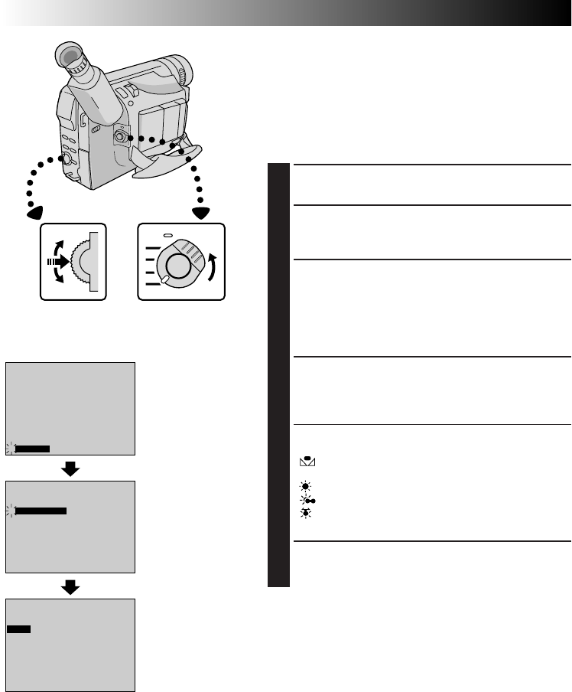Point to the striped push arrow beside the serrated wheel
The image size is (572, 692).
[x=56, y=260]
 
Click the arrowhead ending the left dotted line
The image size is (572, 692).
[x=34, y=212]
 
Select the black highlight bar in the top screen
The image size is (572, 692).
[x=32, y=449]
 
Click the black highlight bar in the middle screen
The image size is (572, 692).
[x=41, y=509]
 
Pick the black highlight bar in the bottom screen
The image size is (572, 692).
[x=19, y=628]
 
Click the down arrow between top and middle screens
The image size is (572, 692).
[x=70, y=468]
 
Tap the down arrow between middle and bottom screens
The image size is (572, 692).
[x=70, y=586]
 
